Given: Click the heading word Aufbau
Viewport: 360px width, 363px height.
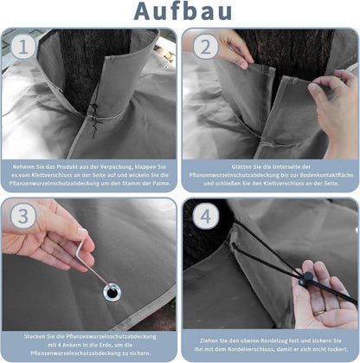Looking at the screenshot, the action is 183,11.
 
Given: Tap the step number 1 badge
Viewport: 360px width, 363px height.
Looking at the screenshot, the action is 23,47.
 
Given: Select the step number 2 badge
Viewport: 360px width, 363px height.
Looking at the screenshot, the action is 205,47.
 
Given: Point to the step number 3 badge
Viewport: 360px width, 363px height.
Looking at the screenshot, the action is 23,216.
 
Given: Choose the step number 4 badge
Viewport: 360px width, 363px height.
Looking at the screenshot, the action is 205,216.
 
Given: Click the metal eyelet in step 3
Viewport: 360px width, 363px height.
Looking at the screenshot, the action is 112,292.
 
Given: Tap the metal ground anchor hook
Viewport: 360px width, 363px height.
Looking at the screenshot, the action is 93,264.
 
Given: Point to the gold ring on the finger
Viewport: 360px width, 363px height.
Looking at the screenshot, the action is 319,313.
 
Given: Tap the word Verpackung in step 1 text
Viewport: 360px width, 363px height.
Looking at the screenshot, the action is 116,167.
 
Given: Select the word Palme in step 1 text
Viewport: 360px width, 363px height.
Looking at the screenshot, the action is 162,184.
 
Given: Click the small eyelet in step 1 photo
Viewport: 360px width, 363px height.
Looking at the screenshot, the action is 166,67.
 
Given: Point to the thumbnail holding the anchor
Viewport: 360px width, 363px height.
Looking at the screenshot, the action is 83,232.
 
